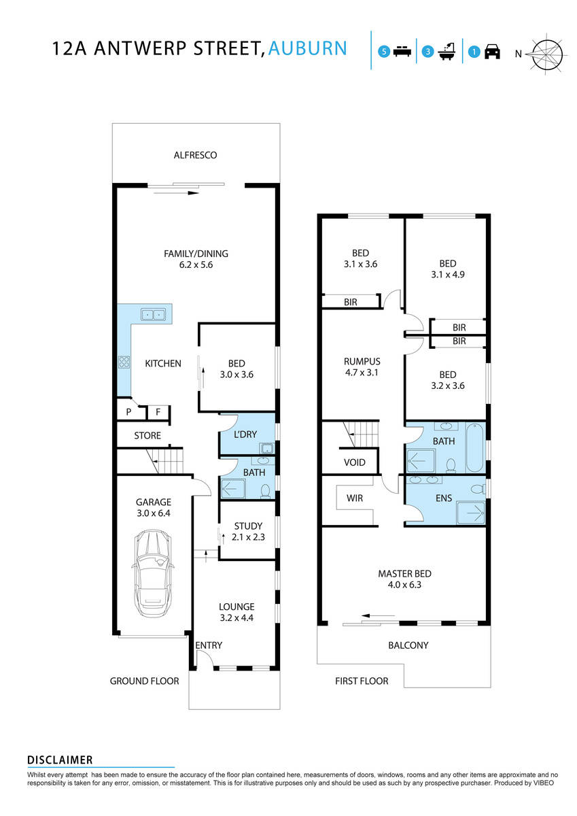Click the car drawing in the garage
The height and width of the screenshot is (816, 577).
tap(154, 573)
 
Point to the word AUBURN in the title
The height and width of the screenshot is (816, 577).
tap(308, 48)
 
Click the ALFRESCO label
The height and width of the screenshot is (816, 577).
tap(195, 155)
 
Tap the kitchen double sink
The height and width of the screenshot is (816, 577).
tap(153, 314)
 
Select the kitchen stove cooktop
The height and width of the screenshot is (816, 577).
tap(124, 362)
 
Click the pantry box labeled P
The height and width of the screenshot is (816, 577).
tap(128, 412)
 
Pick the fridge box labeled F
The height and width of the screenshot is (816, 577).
tap(158, 412)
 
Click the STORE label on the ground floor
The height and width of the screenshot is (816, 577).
tap(147, 435)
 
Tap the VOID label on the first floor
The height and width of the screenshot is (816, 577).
tap(355, 462)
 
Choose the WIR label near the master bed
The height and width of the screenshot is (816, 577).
tap(354, 498)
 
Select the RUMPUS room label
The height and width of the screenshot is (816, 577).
tap(362, 362)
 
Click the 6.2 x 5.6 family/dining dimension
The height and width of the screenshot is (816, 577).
tap(196, 265)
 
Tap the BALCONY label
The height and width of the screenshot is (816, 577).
tap(408, 645)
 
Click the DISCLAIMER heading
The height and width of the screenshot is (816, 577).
tap(60, 760)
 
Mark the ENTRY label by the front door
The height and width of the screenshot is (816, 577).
tap(209, 645)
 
